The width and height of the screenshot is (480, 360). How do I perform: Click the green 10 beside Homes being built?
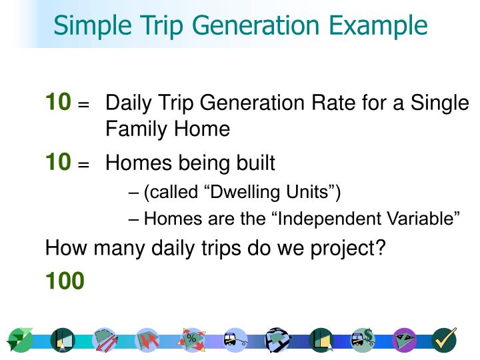coord(58,161)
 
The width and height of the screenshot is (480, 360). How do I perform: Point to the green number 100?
coord(65,281)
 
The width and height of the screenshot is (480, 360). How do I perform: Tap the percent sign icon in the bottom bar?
coord(191,340)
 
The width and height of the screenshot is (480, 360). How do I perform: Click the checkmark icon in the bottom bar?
coord(443,340)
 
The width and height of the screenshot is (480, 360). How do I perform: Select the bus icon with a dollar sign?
coord(363,340)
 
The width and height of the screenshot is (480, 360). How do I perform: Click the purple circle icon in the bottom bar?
coord(404,340)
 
